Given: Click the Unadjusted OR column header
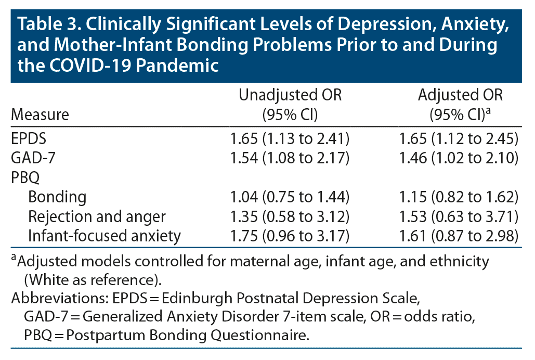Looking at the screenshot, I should [x=290, y=105].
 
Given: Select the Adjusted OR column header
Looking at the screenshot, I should [x=460, y=105].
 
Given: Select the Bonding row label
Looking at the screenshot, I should [x=57, y=197].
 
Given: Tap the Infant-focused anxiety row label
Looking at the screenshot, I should [x=105, y=235].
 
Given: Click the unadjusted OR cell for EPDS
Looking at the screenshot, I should [x=290, y=139].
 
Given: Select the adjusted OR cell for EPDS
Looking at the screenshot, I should [x=459, y=139].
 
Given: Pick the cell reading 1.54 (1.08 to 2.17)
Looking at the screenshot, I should [x=290, y=158].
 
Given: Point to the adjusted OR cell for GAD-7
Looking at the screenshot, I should [x=459, y=158].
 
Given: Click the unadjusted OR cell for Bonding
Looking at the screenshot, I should [x=290, y=197].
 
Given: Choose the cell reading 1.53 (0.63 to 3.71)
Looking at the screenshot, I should [x=459, y=216].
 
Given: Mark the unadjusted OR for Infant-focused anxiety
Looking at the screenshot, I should [x=290, y=235].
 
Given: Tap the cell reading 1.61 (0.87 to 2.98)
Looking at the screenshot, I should [x=459, y=235].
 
